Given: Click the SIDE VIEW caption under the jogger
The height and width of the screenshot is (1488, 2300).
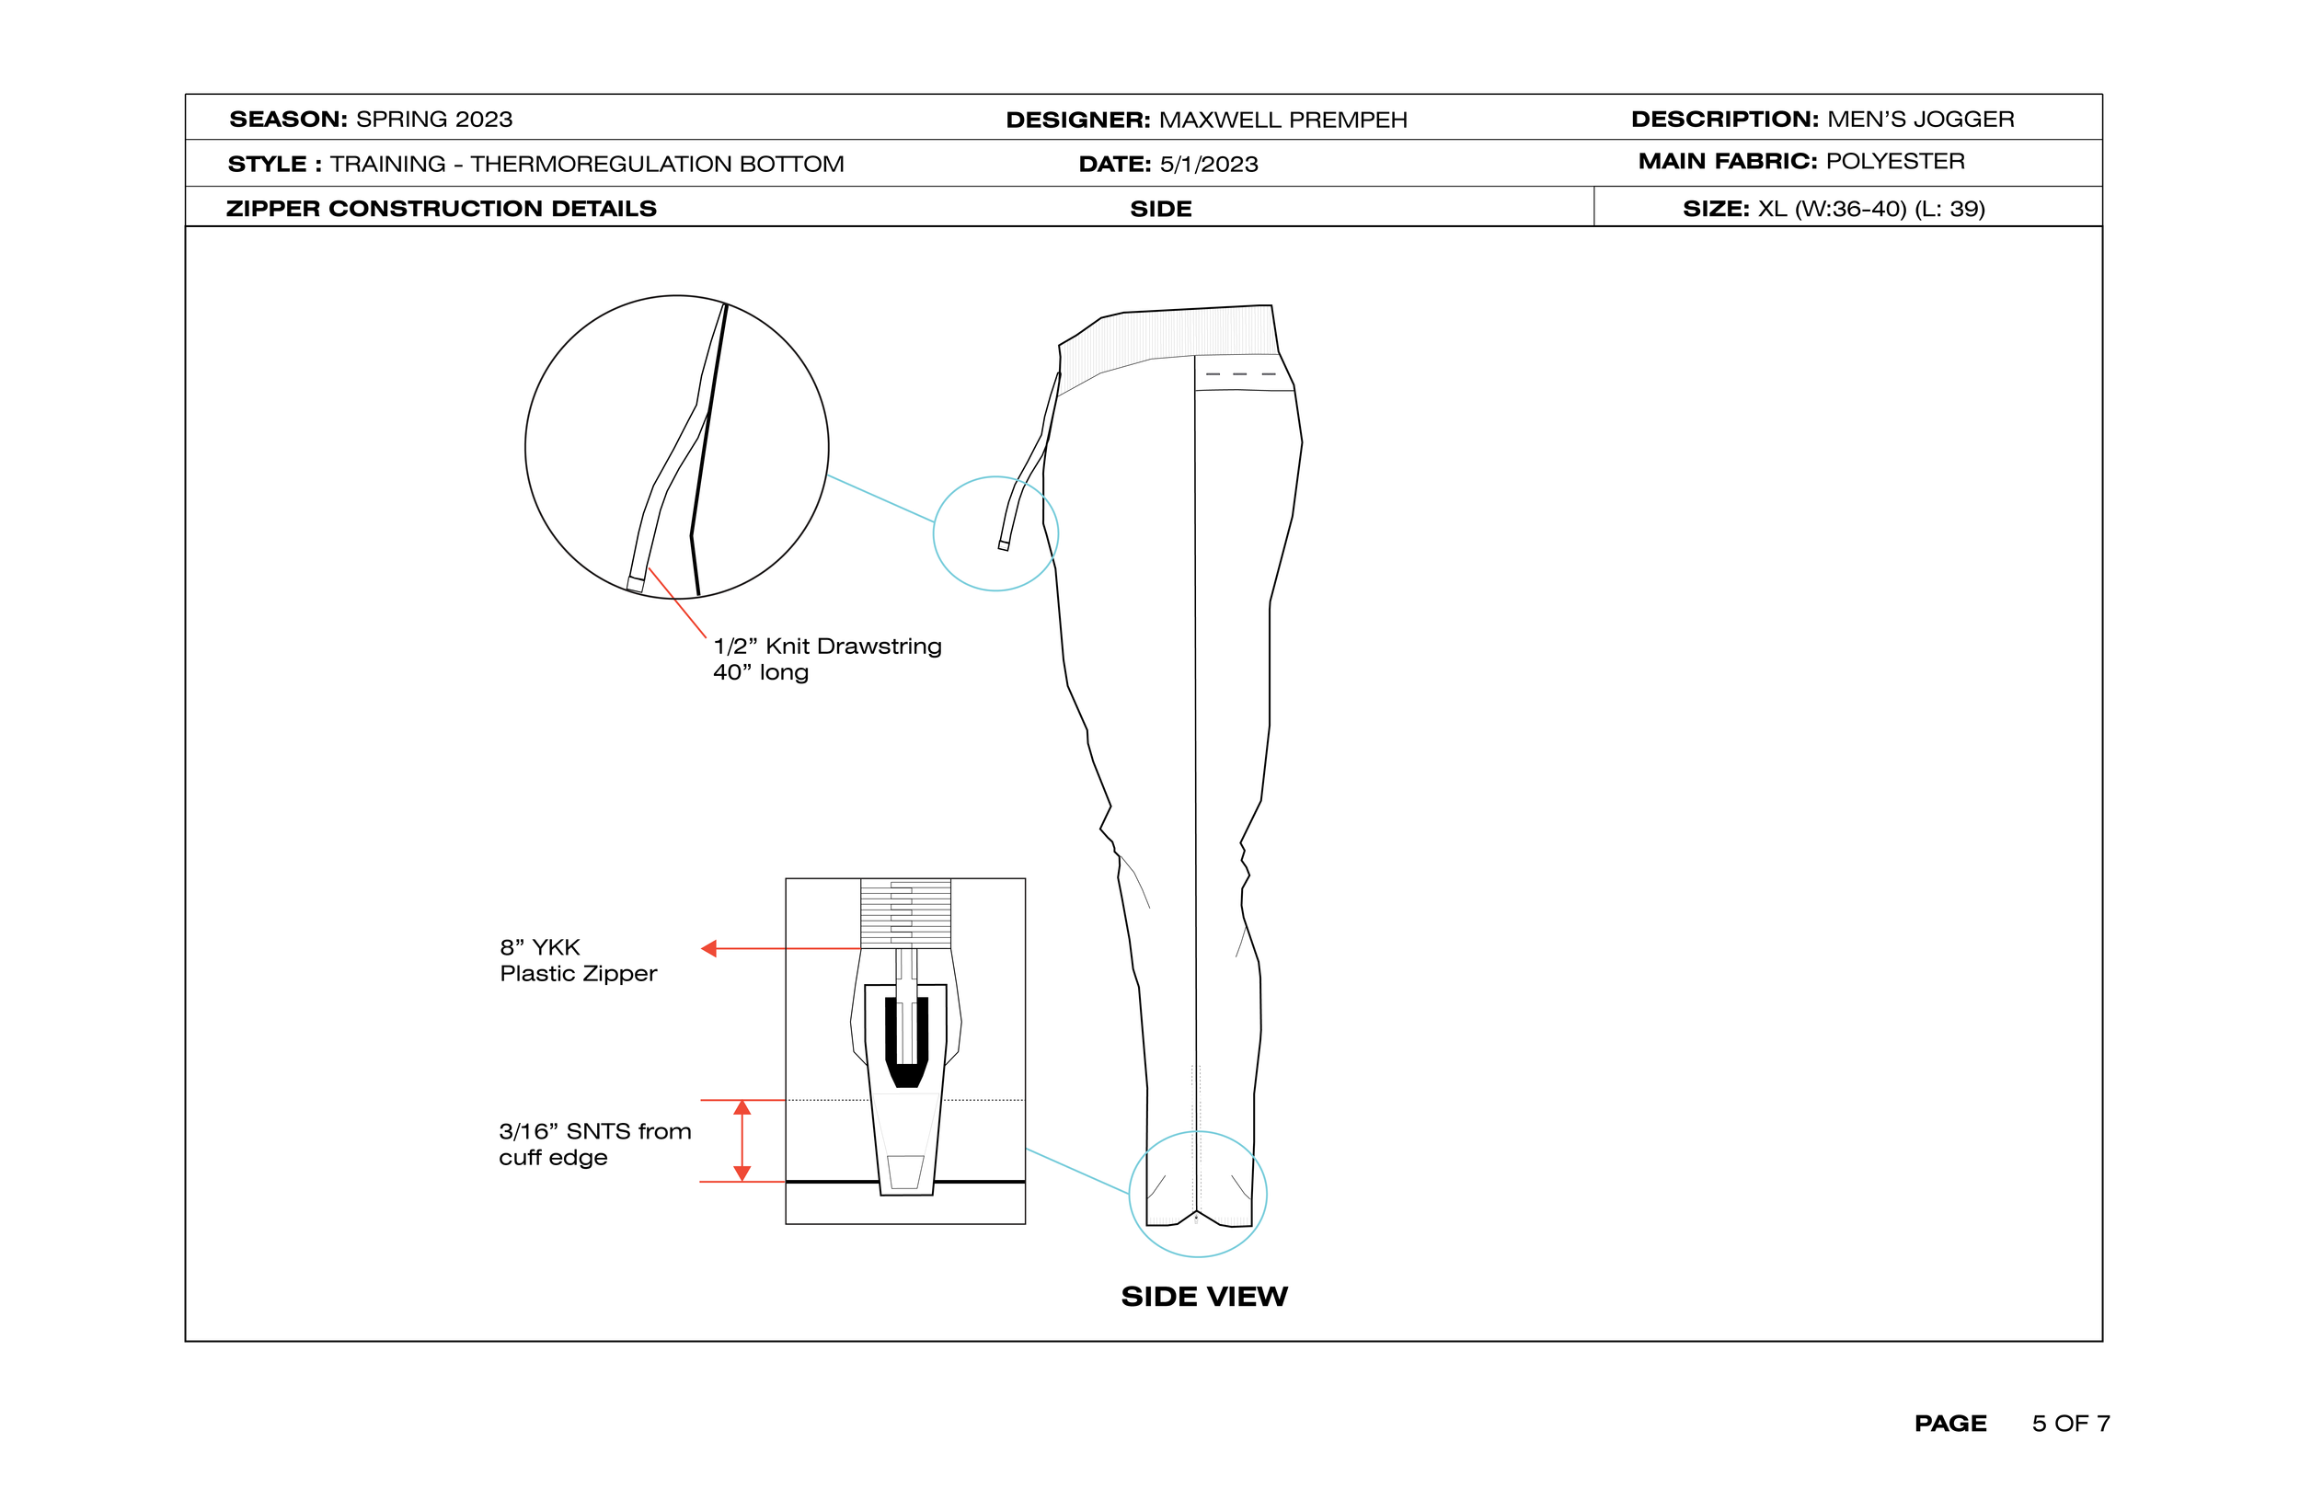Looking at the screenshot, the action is [x=1204, y=1297].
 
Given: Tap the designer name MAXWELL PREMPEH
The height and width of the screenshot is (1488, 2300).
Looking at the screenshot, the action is [x=1282, y=120].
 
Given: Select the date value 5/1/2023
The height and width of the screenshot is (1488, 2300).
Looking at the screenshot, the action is [x=1209, y=165].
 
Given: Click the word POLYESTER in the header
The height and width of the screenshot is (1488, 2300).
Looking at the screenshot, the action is [x=1895, y=161].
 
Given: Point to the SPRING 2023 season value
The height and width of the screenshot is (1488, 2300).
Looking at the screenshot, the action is [x=434, y=119].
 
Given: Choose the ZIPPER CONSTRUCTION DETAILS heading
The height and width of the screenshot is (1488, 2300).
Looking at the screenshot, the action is [x=441, y=209].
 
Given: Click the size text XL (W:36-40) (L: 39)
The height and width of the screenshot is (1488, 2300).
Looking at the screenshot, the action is [x=1871, y=209].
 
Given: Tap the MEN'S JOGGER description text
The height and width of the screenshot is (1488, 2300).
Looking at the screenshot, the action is [x=1920, y=119].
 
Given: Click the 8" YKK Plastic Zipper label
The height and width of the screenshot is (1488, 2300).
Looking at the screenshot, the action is [x=578, y=960].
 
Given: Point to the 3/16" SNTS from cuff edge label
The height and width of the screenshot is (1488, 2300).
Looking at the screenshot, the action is [x=594, y=1144].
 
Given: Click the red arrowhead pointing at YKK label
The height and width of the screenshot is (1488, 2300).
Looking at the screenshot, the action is [x=709, y=949].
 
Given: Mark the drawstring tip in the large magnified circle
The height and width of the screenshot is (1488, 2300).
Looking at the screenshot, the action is [x=635, y=584].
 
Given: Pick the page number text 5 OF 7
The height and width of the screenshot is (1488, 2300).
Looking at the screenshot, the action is [x=2070, y=1424].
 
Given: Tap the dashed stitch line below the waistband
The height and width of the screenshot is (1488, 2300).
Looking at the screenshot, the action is [x=1241, y=374].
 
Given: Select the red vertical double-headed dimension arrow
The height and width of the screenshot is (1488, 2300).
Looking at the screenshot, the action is [x=742, y=1141].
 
